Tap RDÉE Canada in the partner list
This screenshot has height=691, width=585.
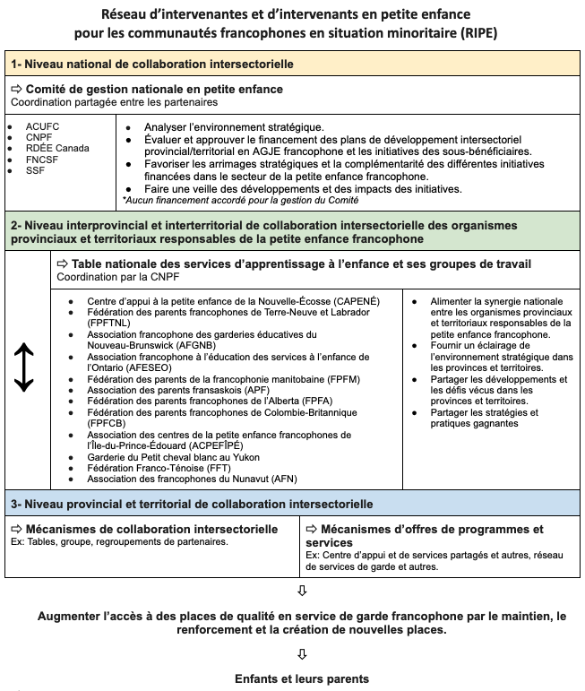tap(57, 148)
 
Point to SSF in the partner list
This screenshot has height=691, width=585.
tap(36, 169)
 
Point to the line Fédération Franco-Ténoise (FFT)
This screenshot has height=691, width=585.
tap(162, 468)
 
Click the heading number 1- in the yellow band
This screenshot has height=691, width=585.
tap(15, 65)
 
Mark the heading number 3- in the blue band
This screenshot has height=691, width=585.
tap(15, 505)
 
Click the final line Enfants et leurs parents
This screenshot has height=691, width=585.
tap(301, 678)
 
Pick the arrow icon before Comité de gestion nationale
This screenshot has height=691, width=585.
tap(17, 90)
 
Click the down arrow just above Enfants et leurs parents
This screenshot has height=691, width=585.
tap(301, 653)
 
